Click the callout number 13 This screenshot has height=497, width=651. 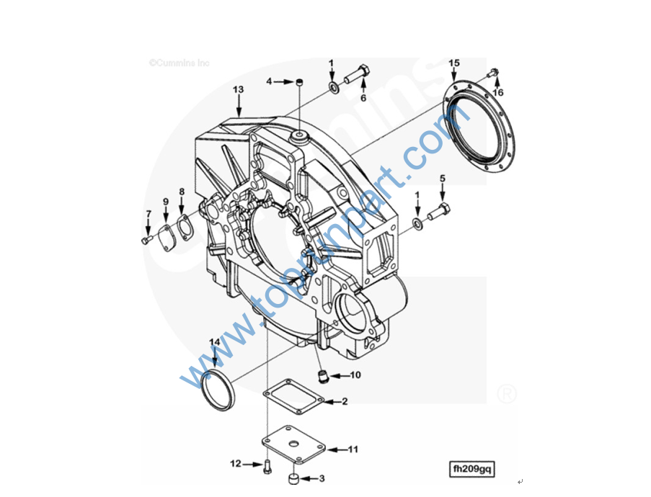pyautogui.click(x=238, y=89)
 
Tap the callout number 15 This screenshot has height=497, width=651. pyautogui.click(x=454, y=63)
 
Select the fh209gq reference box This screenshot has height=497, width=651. pyautogui.click(x=471, y=469)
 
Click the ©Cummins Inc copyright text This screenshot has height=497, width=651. pyautogui.click(x=180, y=63)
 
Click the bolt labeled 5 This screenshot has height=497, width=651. pyautogui.click(x=439, y=212)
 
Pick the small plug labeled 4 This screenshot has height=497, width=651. pyautogui.click(x=299, y=83)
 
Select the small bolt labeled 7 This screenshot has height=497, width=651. pyautogui.click(x=146, y=240)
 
